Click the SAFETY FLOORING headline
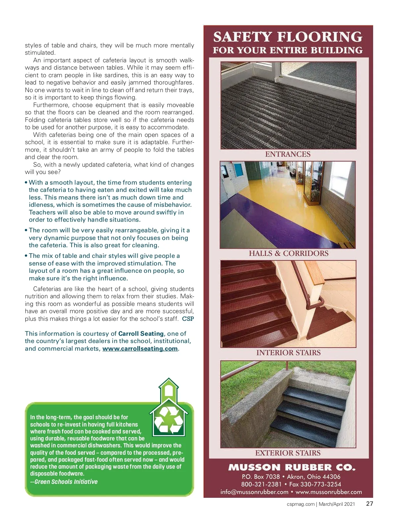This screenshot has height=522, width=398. [288, 37]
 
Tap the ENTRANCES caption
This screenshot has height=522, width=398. [288, 154]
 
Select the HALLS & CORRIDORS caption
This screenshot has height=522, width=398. [289, 254]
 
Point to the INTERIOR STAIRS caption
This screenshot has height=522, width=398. [288, 353]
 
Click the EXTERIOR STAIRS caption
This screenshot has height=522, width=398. [288, 453]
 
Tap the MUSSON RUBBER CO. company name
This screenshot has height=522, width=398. [292, 468]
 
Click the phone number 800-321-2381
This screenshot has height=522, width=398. [261, 484]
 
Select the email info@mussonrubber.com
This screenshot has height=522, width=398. [254, 492]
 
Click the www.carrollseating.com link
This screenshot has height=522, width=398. [140, 349]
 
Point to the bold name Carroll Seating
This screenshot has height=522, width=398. [141, 334]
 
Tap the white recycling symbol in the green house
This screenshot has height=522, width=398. [169, 420]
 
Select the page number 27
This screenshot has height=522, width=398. [369, 504]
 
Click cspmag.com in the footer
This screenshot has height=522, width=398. [300, 504]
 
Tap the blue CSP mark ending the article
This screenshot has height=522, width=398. [188, 319]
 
